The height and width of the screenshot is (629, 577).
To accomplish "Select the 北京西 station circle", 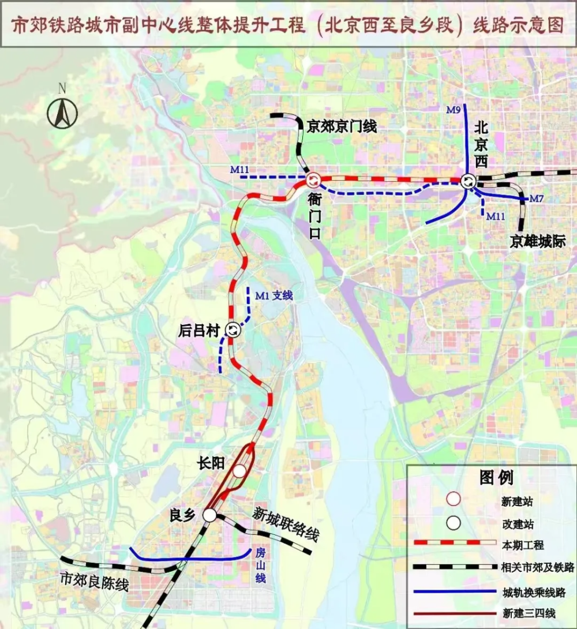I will coord(467,181).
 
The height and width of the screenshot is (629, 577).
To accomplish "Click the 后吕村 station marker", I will coord(233,330).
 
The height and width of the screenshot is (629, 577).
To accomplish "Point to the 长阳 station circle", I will coord(240,471).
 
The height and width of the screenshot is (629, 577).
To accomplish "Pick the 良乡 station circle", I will coord(209,514).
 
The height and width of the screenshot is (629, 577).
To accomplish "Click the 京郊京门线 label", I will coord(342,126).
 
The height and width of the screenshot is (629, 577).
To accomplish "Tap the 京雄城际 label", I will coord(537,242).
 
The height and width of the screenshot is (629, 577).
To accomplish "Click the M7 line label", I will coord(537,199).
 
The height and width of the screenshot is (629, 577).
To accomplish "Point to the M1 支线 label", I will coord(274,295).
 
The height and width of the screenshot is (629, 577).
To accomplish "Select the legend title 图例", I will coord(496,477).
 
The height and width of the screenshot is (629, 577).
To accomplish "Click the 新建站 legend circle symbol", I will coord(454,500).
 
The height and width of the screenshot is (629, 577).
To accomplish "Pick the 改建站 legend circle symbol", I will coord(454,522).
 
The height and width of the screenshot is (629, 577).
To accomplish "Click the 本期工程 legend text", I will coord(523,545).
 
